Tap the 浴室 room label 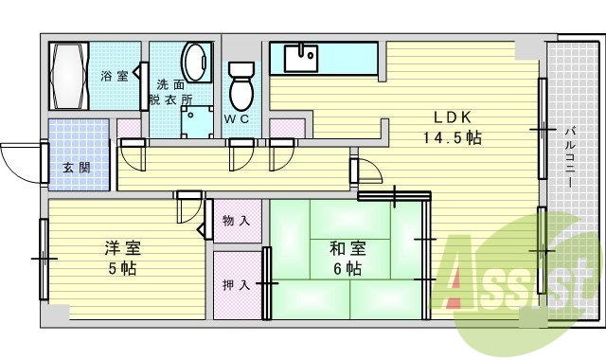(x=115, y=76)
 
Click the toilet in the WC (x=243, y=85)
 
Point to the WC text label (x=237, y=119)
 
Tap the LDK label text (x=453, y=118)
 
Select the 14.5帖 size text (x=453, y=138)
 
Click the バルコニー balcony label (x=571, y=156)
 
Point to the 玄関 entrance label (x=77, y=169)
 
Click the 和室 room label (x=346, y=249)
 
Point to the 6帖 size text (x=346, y=268)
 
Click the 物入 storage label (x=236, y=220)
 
